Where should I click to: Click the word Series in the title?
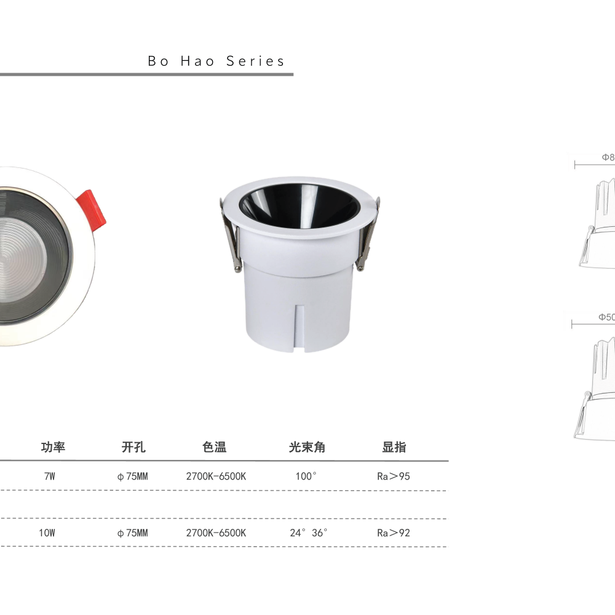(255, 61)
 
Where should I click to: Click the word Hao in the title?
(197, 61)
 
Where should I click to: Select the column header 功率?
(53, 447)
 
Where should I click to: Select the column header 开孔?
(133, 447)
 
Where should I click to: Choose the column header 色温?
(214, 447)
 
